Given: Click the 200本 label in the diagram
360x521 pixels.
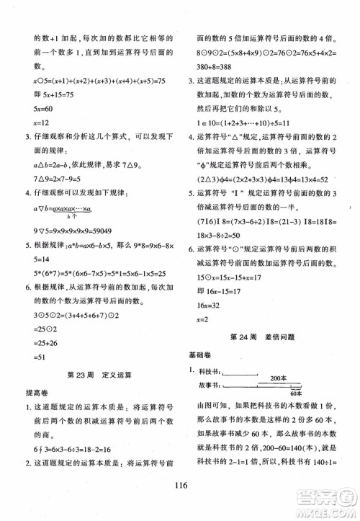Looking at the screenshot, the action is point(279,378).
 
